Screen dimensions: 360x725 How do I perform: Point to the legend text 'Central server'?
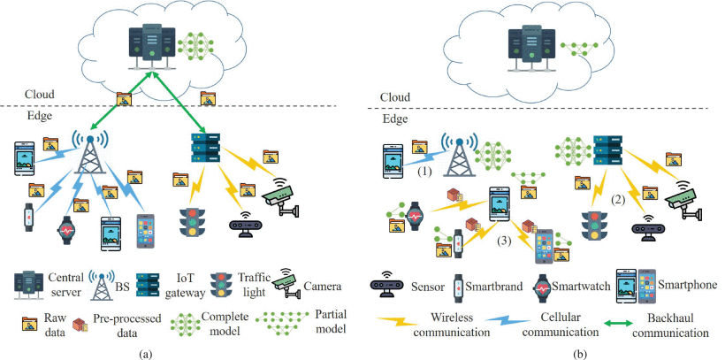[60, 285]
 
